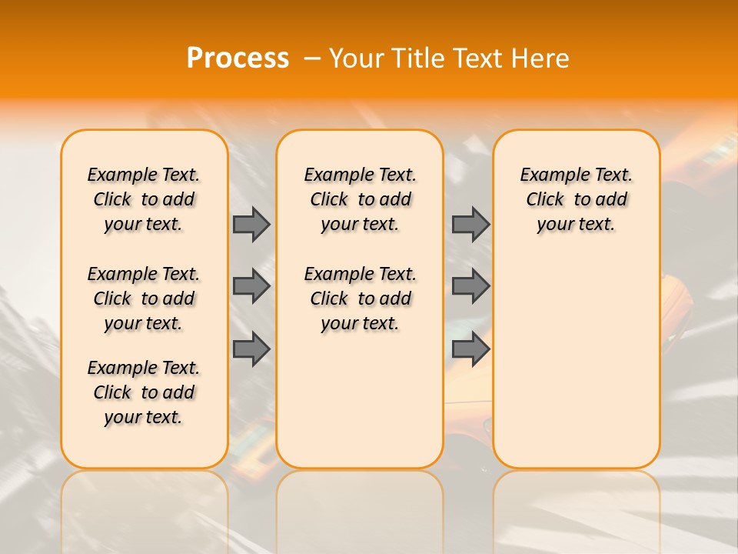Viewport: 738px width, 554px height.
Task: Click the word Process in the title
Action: click(238, 58)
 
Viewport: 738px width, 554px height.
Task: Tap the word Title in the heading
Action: click(416, 58)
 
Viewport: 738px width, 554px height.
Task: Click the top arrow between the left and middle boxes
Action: click(251, 224)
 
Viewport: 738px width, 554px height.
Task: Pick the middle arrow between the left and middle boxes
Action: click(251, 286)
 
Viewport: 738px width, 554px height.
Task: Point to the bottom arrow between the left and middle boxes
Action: click(251, 349)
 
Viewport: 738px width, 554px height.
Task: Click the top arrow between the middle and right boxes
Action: click(470, 224)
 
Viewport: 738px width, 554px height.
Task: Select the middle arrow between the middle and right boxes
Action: click(470, 286)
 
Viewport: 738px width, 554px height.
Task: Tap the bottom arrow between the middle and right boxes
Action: click(470, 349)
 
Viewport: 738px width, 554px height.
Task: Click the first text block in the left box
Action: click(144, 199)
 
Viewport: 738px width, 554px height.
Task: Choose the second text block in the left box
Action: click(144, 299)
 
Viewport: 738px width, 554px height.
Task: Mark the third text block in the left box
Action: click(144, 392)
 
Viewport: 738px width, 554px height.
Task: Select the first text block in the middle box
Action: click(361, 199)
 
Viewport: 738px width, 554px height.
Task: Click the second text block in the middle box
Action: click(361, 299)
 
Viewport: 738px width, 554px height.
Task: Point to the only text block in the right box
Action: click(577, 199)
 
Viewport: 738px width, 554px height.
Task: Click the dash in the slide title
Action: click(312, 58)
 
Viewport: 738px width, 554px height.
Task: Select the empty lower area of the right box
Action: click(577, 362)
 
